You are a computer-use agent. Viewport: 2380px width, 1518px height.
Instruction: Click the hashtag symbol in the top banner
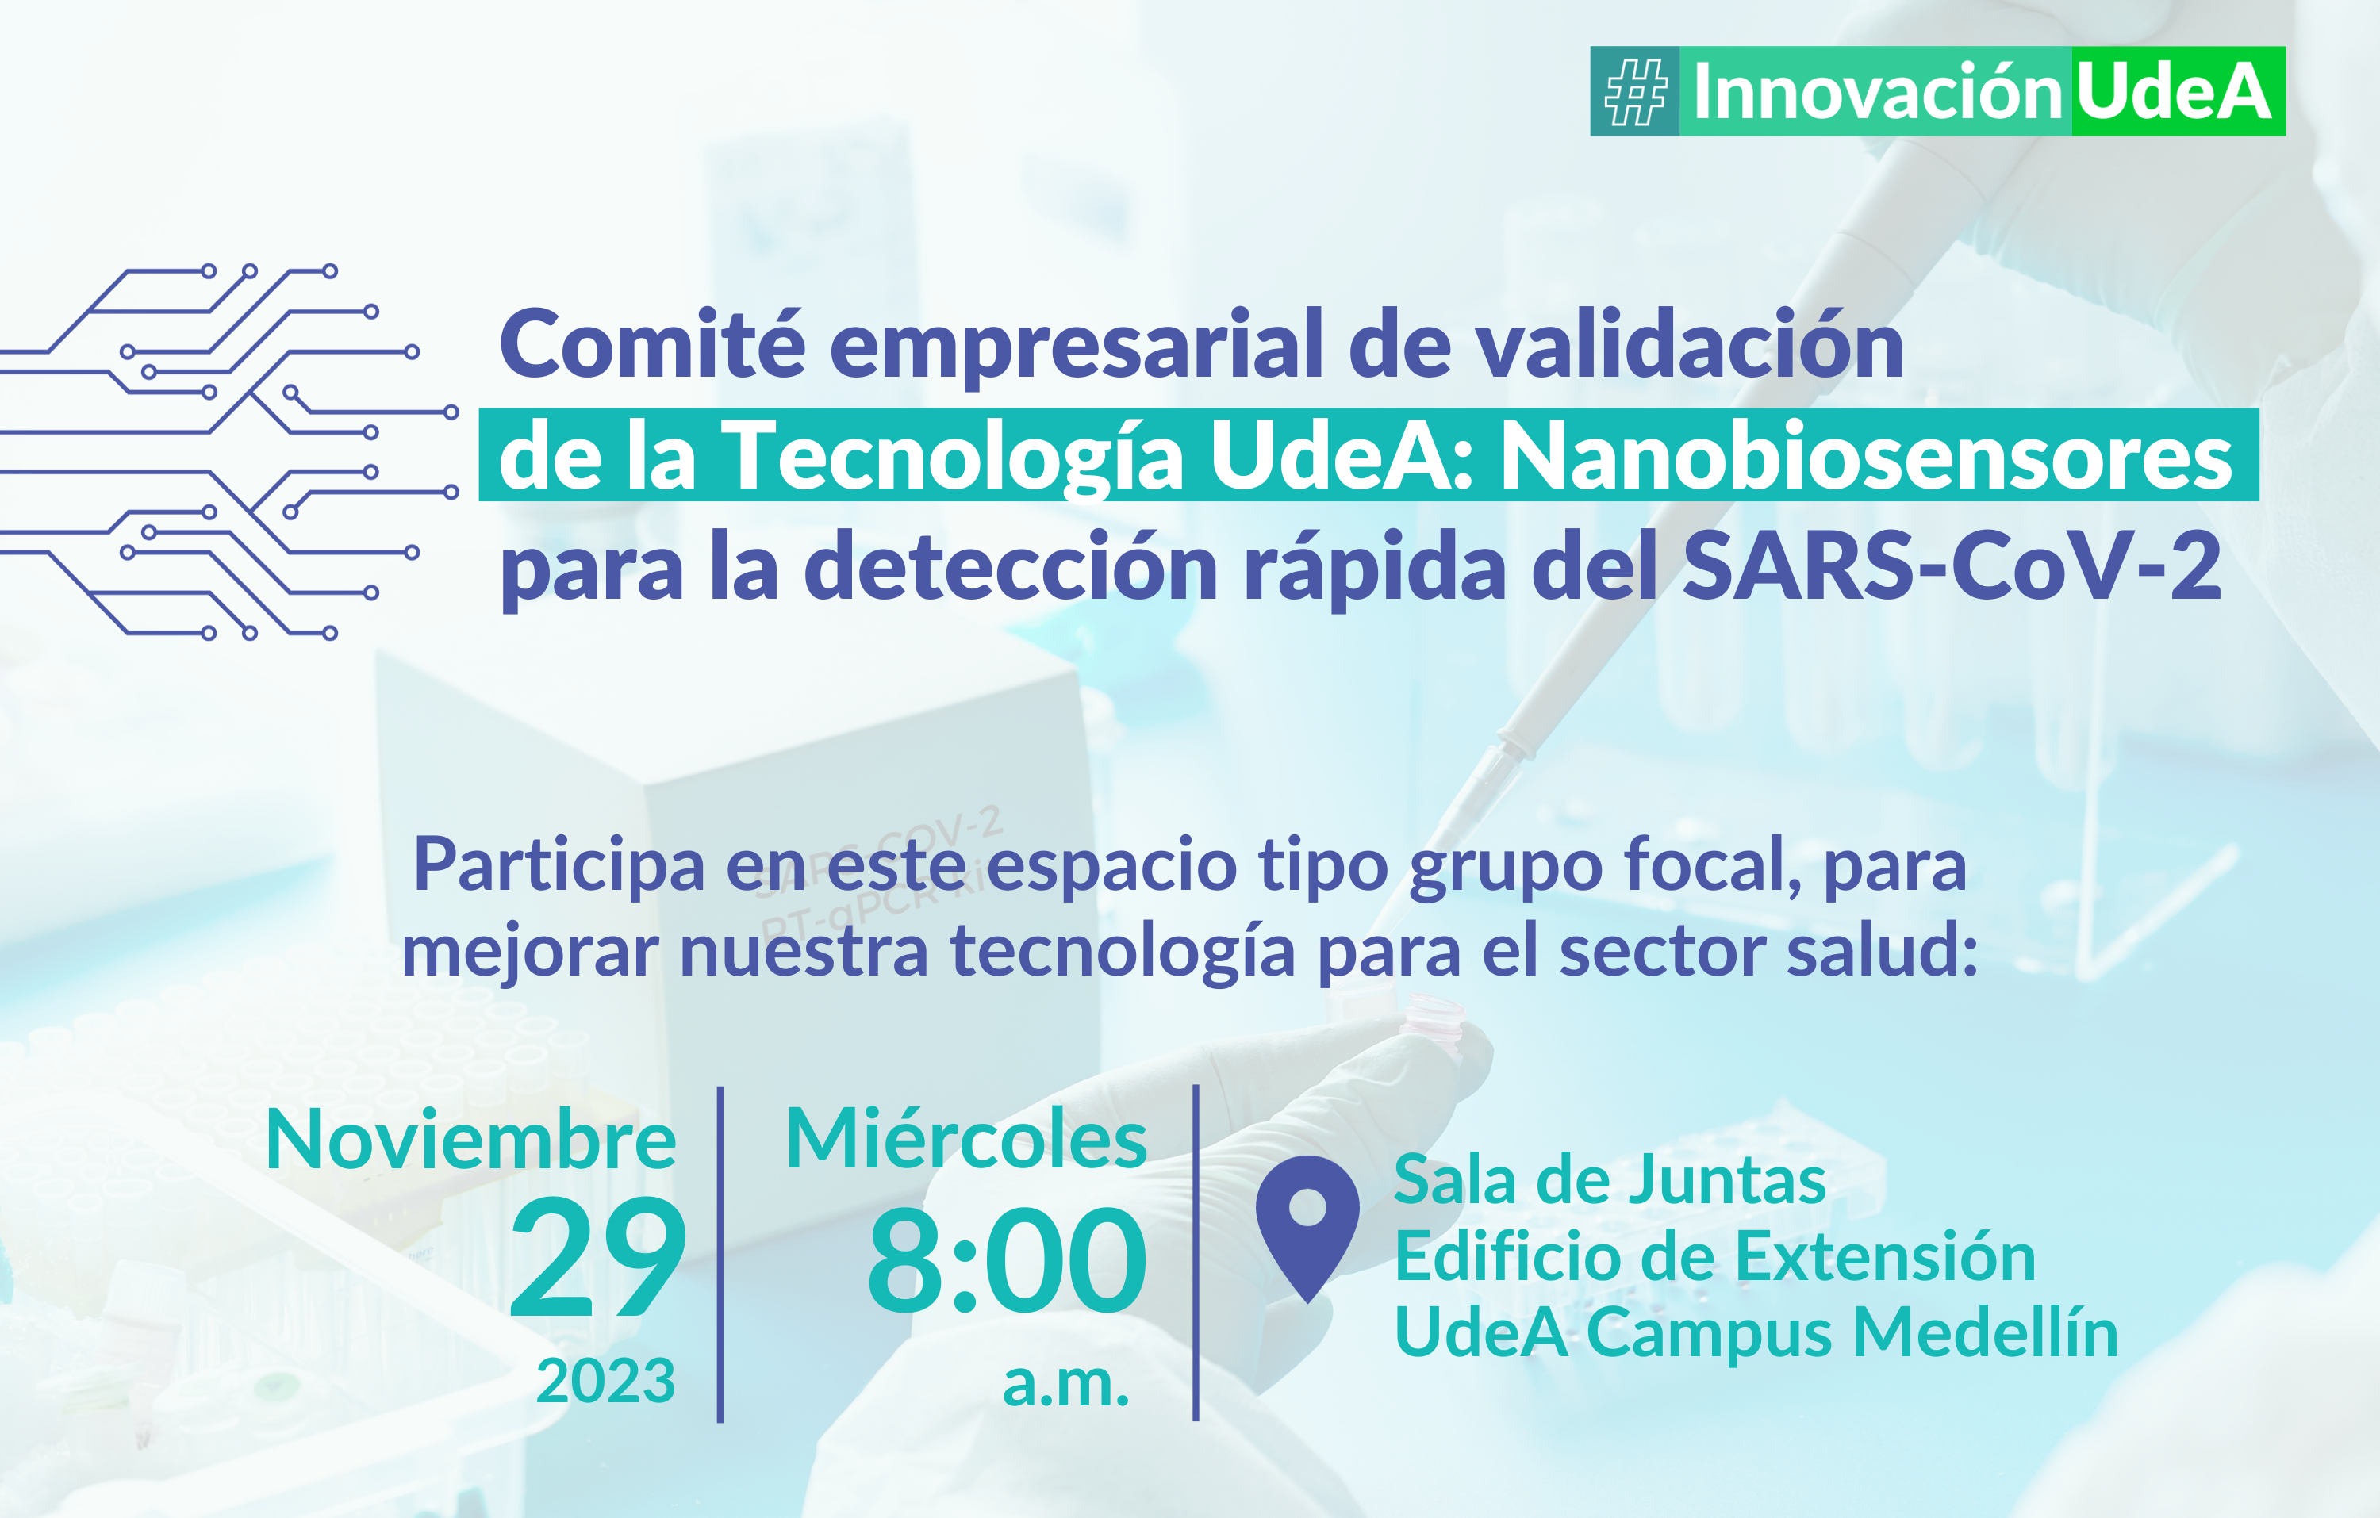(x=1636, y=92)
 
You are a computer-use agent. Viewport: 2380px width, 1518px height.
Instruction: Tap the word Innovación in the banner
(x=1877, y=92)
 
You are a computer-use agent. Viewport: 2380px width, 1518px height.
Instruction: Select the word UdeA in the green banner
(x=2174, y=92)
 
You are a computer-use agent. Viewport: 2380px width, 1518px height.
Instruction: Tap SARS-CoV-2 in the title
(x=1952, y=566)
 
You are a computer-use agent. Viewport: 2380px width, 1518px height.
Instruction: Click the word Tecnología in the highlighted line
(x=953, y=458)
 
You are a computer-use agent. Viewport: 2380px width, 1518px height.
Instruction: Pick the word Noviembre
(x=471, y=1140)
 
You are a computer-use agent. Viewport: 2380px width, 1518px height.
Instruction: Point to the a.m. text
(x=1066, y=1384)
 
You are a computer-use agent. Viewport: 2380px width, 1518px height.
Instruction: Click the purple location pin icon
(x=1307, y=1229)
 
